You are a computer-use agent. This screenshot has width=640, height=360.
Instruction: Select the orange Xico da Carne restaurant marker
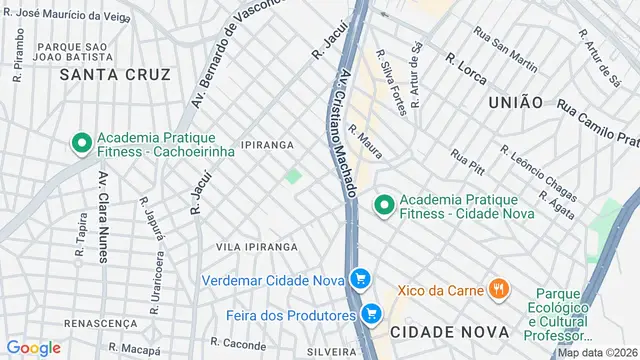click(498, 290)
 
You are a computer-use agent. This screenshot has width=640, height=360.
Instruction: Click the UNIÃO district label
click(516, 102)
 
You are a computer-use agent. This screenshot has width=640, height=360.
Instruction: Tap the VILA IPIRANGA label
click(257, 246)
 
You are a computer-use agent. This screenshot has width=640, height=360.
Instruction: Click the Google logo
click(34, 347)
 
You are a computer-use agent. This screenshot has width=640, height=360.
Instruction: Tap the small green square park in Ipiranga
click(293, 176)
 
